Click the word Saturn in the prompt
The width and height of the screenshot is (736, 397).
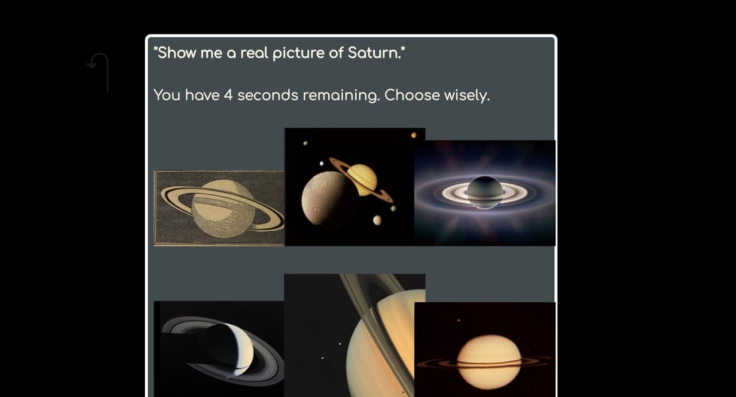(374, 53)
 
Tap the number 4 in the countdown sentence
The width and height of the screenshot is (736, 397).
(228, 95)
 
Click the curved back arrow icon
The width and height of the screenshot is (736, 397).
(98, 72)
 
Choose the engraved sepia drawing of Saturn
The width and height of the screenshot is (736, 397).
(219, 208)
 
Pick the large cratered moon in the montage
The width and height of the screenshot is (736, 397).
(325, 198)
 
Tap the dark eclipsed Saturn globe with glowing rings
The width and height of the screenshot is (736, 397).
(485, 192)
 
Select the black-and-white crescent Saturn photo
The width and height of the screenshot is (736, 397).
(219, 349)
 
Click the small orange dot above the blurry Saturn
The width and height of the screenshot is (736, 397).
(458, 320)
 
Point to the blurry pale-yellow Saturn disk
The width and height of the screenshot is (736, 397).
(489, 362)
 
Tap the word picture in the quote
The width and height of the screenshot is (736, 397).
(298, 53)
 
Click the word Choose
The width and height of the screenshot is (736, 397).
(412, 95)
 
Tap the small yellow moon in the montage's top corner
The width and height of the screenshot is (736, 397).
(413, 135)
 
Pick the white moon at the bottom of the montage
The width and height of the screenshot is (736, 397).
(377, 220)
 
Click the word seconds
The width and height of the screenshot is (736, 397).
(268, 95)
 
